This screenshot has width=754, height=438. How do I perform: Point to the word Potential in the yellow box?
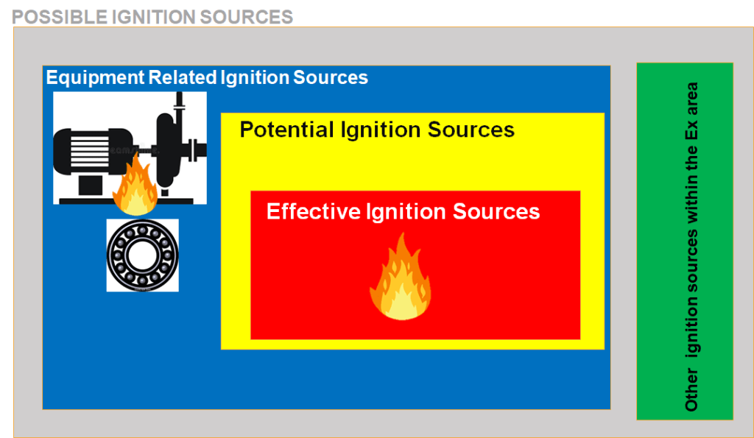coord(286,130)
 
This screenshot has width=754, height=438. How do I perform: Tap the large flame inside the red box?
coord(400,280)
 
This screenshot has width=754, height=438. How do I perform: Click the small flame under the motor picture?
coord(135,188)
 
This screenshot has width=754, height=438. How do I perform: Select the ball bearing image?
coord(142,255)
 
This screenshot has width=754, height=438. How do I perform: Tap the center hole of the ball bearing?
coord(142,255)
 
